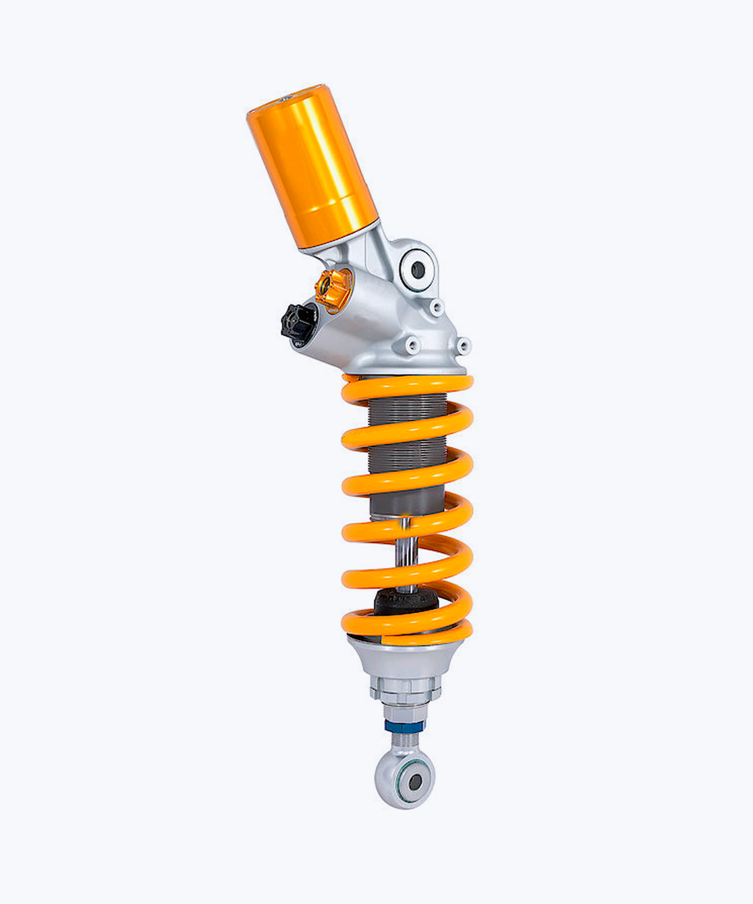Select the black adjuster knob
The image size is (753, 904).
pos(296,322)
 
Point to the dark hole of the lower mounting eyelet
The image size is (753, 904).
pos(415,781)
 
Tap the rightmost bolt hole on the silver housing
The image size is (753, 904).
pos(464,346)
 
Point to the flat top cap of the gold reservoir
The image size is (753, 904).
pos(285,102)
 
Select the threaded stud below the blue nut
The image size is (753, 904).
pos(407,740)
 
